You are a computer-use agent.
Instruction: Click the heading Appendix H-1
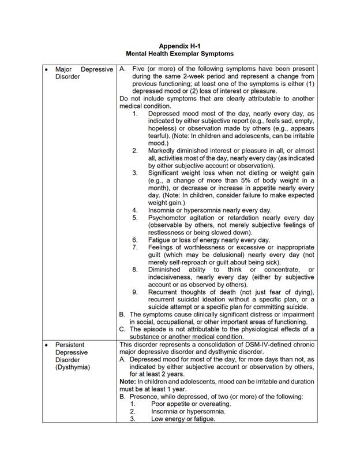coord(179,46)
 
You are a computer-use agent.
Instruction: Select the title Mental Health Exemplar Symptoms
coord(179,53)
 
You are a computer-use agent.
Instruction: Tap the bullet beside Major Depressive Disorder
coord(46,69)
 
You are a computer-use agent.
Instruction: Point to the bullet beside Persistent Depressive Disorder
coord(46,345)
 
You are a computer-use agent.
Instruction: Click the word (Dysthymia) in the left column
coord(73,367)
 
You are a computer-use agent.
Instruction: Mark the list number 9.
coord(135,292)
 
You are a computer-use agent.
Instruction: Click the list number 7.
coord(135,247)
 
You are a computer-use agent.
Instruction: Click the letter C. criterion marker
coord(123,329)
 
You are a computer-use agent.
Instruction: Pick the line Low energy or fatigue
coord(183,419)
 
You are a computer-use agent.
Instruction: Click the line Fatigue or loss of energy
coord(209,240)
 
